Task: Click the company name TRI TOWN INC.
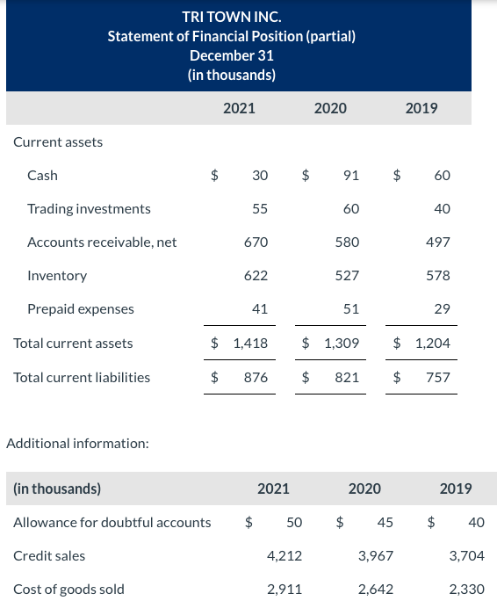tap(232, 16)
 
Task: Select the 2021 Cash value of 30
tap(260, 175)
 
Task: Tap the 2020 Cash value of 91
tap(350, 175)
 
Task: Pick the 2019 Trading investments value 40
tap(442, 208)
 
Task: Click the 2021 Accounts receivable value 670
tap(256, 242)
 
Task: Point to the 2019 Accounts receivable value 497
tap(437, 242)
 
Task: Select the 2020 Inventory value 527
tap(347, 275)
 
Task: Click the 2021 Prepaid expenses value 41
tap(260, 308)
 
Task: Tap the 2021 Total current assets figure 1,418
tap(250, 343)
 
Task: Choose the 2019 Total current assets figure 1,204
tap(432, 343)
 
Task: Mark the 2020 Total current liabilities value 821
tap(347, 377)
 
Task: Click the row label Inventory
tap(57, 275)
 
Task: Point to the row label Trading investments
tap(89, 208)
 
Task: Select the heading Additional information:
tap(77, 443)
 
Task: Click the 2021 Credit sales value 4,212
tap(285, 555)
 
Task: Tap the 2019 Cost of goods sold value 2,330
tap(466, 589)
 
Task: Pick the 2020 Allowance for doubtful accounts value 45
tap(385, 522)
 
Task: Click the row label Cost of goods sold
tap(68, 589)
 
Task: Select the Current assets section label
tap(58, 141)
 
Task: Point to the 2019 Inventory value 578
tap(437, 275)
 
